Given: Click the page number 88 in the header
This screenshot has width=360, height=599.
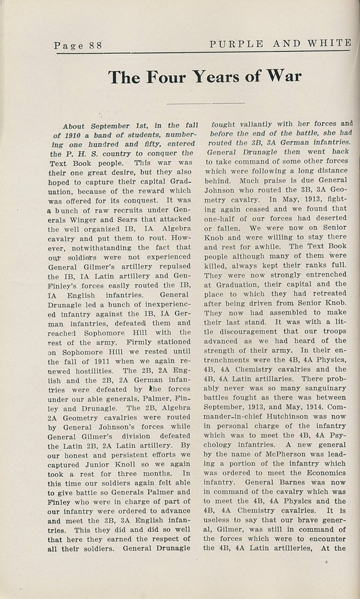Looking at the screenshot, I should [x=94, y=45].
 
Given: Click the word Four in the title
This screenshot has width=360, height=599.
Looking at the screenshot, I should [x=165, y=77].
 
